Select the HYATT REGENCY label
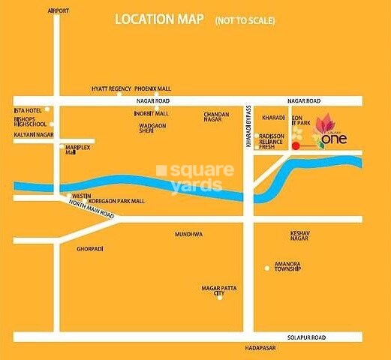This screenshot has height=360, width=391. click(x=111, y=88)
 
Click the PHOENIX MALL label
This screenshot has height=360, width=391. click(x=154, y=88)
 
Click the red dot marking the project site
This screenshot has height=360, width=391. click(x=295, y=147)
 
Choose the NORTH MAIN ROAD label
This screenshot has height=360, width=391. click(x=89, y=212)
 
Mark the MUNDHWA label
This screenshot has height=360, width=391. click(x=189, y=234)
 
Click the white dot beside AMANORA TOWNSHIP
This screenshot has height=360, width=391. click(x=266, y=268)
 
